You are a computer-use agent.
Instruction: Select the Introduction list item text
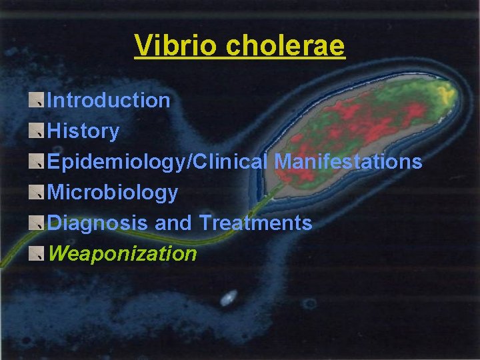[x=109, y=101]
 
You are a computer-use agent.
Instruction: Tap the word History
[x=83, y=131]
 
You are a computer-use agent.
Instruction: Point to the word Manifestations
[x=348, y=162]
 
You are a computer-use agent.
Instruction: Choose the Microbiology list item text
[x=113, y=193]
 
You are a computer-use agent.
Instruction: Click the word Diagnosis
[x=98, y=223]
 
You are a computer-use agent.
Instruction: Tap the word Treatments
[x=255, y=223]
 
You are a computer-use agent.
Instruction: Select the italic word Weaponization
[x=123, y=254]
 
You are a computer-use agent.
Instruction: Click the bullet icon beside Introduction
[x=38, y=101]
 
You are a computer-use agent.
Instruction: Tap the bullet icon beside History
[x=38, y=131]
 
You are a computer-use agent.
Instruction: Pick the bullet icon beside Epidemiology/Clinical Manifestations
[x=38, y=162]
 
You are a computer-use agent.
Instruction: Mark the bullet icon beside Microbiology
[x=38, y=193]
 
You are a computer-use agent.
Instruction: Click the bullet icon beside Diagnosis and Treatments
[x=38, y=223]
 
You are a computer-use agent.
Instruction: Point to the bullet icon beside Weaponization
[x=38, y=254]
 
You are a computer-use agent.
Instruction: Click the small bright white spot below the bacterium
[x=229, y=297]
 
